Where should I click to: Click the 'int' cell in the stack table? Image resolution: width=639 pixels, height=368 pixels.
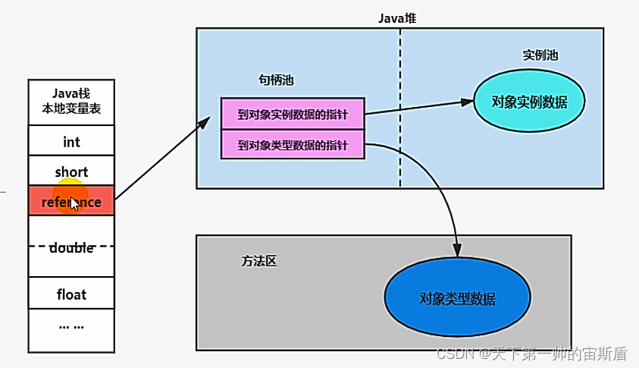coord(71,142)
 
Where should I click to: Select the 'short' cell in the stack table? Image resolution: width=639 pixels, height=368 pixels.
coord(71,172)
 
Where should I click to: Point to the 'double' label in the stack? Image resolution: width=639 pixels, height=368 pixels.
coord(71,248)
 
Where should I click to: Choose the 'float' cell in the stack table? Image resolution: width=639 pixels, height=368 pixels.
coord(71,294)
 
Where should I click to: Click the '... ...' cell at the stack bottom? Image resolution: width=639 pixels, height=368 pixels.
coord(71,326)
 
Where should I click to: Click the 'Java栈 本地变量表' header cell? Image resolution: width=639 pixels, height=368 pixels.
coord(71,102)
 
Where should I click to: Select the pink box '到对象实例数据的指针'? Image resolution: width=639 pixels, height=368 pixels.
coord(293,114)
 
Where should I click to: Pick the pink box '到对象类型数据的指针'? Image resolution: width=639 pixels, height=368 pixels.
coord(293,144)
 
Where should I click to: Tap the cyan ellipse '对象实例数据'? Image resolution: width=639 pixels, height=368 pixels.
coord(529,102)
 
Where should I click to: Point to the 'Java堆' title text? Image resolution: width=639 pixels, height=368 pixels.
coord(397,17)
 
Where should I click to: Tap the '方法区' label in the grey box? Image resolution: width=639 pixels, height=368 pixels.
coord(259,261)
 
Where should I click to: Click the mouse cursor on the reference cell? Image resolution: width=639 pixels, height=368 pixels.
coord(74,203)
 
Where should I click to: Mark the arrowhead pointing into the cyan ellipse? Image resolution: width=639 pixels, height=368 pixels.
coord(468,102)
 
